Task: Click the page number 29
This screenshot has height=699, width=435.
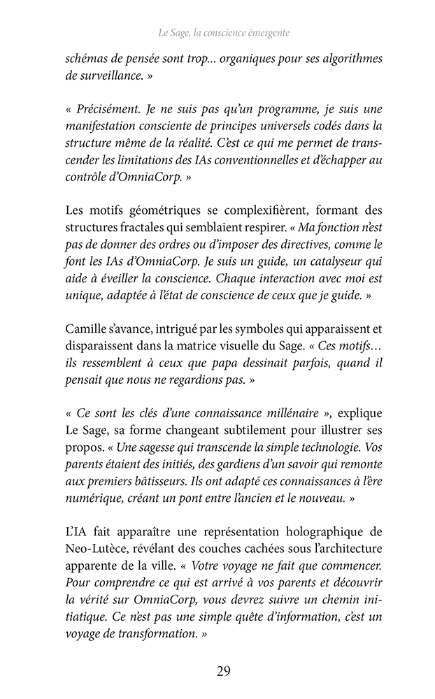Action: [x=224, y=672]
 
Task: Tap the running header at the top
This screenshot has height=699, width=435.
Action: [x=224, y=33]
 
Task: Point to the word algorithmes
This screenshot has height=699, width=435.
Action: [x=348, y=59]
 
